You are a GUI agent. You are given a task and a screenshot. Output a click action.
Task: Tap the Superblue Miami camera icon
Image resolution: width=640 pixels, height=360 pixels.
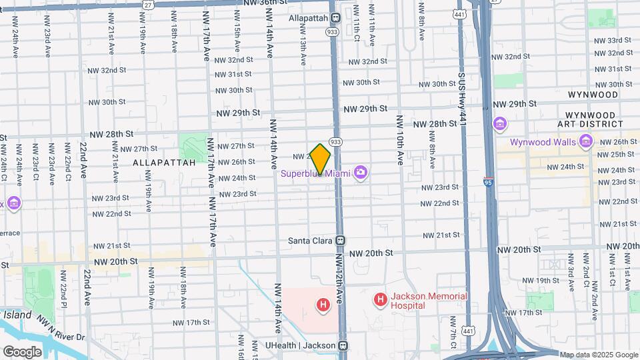(361, 173)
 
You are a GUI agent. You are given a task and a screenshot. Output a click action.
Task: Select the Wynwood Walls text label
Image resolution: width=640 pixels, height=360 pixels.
(543, 142)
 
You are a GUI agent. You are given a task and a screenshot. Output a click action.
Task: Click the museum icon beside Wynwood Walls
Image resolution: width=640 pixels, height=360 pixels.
(586, 141)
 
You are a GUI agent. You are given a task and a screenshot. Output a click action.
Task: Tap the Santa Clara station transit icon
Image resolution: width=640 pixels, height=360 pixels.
(340, 241)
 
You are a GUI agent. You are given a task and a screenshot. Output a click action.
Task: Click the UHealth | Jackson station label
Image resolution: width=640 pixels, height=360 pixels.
(301, 345)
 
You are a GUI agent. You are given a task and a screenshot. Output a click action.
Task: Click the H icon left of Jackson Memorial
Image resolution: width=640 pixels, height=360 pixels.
(380, 301)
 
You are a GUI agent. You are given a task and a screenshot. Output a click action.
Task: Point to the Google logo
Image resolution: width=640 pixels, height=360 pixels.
(22, 351)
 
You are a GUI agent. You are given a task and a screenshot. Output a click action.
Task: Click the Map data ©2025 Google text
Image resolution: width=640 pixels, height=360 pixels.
(598, 355)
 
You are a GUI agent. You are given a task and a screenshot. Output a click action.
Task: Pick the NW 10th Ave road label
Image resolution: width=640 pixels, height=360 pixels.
(400, 140)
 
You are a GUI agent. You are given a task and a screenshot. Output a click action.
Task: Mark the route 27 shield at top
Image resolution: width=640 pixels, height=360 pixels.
(148, 4)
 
